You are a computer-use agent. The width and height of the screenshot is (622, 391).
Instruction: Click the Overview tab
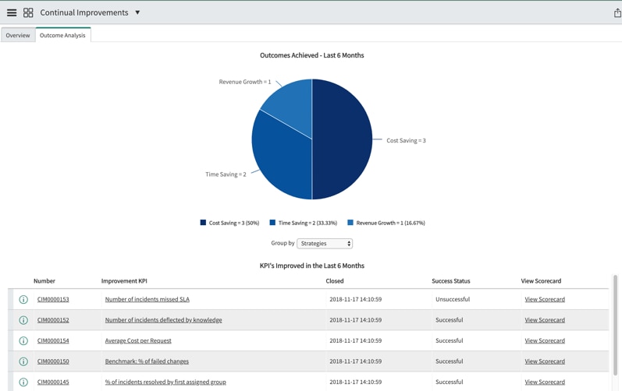(18, 35)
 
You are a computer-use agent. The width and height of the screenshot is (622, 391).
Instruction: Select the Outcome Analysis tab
(62, 35)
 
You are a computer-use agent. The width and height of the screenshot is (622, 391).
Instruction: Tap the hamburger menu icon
(12, 12)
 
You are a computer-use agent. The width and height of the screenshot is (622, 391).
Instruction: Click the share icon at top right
(617, 12)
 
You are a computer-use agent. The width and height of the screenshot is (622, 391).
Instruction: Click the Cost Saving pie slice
(343, 140)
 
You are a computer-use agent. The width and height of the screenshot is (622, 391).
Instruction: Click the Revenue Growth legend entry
(386, 223)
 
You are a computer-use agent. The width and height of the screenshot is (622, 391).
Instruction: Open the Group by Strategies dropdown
(325, 244)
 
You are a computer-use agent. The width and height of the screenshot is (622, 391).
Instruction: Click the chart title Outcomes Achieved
(311, 55)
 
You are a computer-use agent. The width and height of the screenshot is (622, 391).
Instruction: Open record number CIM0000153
(53, 299)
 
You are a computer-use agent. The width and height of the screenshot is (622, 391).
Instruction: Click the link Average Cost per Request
(138, 340)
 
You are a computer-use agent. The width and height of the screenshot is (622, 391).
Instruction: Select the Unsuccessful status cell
(454, 299)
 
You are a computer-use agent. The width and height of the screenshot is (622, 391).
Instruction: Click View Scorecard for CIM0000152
(545, 320)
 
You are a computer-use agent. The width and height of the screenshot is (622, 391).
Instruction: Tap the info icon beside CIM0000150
(23, 361)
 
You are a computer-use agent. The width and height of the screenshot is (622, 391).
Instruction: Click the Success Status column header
(451, 281)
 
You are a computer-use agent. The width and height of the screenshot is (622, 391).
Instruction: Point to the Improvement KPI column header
(124, 281)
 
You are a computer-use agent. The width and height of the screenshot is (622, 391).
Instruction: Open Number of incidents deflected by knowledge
(163, 320)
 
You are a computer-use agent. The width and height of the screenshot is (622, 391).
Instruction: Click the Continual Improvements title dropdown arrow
(137, 12)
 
